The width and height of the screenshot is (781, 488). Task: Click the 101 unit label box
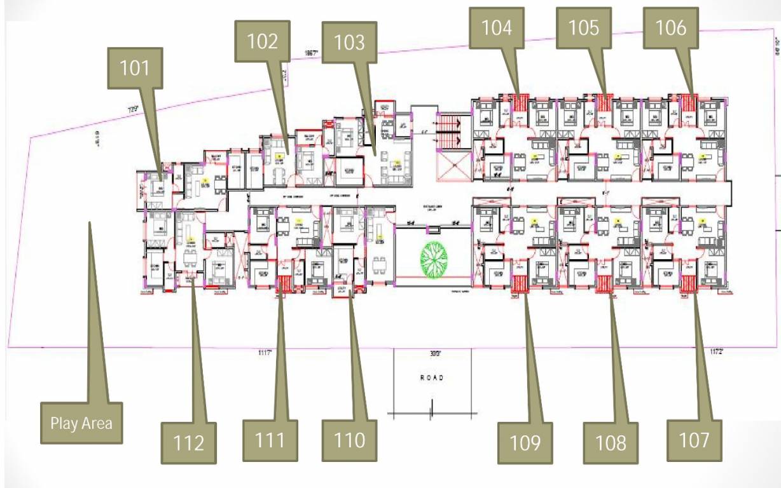[x=134, y=68]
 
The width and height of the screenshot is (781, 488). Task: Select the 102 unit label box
[x=263, y=41]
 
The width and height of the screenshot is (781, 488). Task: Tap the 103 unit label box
[x=349, y=43]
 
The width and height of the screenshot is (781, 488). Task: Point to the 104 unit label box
[x=497, y=28]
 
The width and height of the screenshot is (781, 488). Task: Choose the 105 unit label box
[x=584, y=28]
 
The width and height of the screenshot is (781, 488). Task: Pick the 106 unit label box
[x=671, y=28]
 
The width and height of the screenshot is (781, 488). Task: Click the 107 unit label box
[x=694, y=440]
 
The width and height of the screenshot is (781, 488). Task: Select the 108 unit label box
[x=611, y=442]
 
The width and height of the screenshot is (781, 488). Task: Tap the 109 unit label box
[x=525, y=442]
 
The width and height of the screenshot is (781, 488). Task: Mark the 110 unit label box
[x=349, y=440]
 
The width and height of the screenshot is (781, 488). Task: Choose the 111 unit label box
[x=270, y=440]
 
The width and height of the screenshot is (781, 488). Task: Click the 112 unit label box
[x=188, y=442]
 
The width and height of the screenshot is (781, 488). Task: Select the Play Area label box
[x=81, y=423]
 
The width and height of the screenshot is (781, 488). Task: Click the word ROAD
[x=432, y=378]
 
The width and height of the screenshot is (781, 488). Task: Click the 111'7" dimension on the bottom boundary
[x=265, y=352]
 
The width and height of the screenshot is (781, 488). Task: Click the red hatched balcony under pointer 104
[x=522, y=101]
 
